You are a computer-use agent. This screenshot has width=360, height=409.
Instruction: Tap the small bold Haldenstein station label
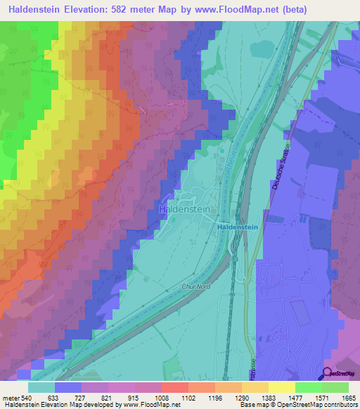pos(237,228)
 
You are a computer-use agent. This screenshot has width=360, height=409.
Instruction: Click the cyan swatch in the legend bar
pos(41,387)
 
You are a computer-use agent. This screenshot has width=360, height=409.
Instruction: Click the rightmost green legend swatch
pos(335,387)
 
